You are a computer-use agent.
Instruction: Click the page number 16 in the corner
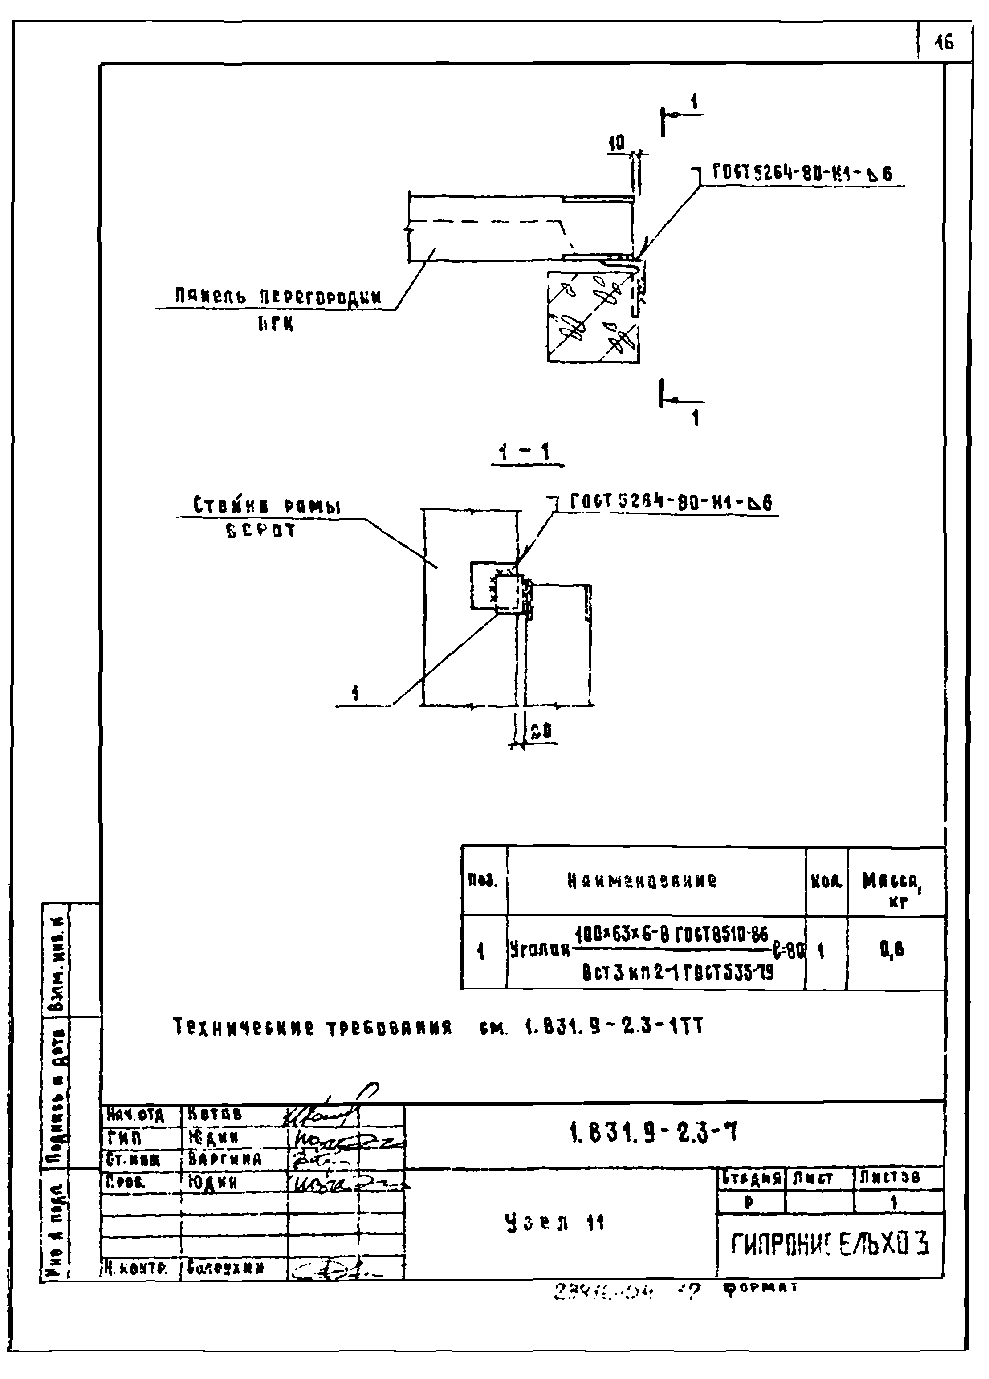[944, 43]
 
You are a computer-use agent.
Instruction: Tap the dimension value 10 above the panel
[617, 143]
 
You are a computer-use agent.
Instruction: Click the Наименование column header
[642, 880]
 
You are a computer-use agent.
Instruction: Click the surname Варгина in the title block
[224, 1159]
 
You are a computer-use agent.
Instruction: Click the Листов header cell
[898, 1178]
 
